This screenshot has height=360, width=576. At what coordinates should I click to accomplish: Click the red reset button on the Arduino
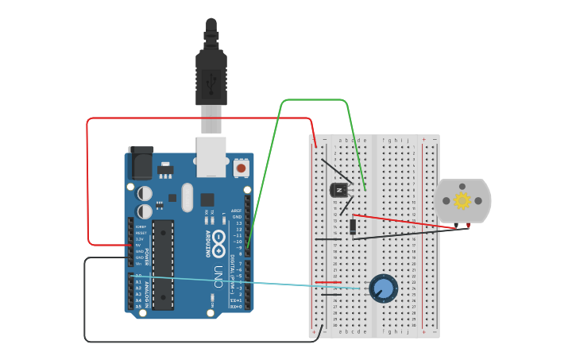tap(241, 168)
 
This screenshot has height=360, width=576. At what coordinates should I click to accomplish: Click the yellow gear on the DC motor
tap(462, 200)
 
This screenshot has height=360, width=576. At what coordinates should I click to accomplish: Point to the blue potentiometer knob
tap(383, 288)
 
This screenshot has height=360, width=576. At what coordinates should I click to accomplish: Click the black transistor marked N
tap(339, 190)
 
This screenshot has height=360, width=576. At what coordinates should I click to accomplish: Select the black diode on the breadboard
tap(352, 226)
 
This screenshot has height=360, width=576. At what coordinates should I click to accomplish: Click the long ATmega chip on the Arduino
tap(163, 265)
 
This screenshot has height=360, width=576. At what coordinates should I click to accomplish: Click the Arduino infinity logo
tap(218, 238)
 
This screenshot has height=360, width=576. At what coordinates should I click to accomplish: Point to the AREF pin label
tap(236, 211)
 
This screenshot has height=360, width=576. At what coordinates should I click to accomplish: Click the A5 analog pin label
tap(139, 306)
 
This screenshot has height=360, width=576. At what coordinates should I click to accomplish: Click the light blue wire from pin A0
tap(254, 282)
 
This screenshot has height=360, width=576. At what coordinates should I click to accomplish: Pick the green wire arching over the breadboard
tap(314, 100)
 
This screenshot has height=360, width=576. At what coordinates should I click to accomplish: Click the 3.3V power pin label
tap(140, 238)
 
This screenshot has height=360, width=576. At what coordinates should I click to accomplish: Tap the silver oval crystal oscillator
tap(187, 198)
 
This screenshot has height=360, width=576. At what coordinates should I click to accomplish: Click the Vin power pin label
tap(139, 264)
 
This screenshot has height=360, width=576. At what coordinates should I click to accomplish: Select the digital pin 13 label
tap(238, 223)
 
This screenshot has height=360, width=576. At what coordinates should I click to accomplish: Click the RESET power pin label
tap(141, 232)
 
